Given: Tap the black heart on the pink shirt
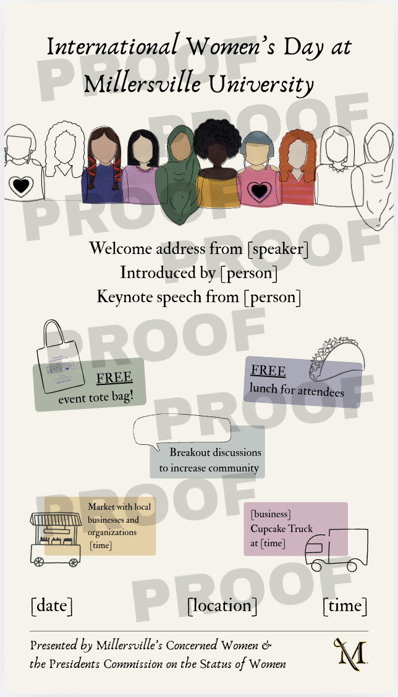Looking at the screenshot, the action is [258, 192].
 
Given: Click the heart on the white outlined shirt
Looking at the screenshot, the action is [22, 185].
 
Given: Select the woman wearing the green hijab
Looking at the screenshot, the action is [178, 173].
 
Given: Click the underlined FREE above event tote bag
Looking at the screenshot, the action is [114, 378].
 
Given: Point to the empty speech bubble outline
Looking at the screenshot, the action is [182, 431].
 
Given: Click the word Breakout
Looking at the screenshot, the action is [191, 452].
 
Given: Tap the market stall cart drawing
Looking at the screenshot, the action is [56, 538].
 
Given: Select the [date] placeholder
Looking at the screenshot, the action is [52, 606].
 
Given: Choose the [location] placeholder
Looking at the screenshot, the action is [222, 606].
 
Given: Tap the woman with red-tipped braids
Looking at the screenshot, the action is [102, 167].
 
